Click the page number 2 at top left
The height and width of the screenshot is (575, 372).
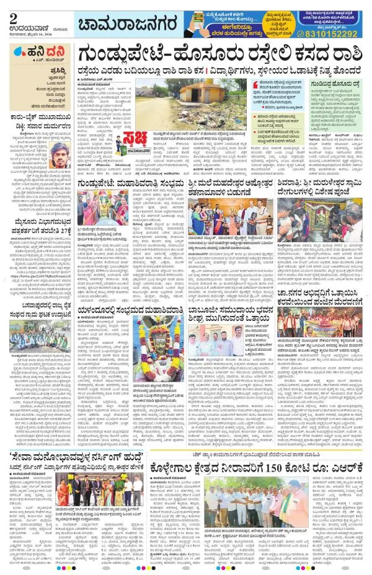point(13,9)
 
